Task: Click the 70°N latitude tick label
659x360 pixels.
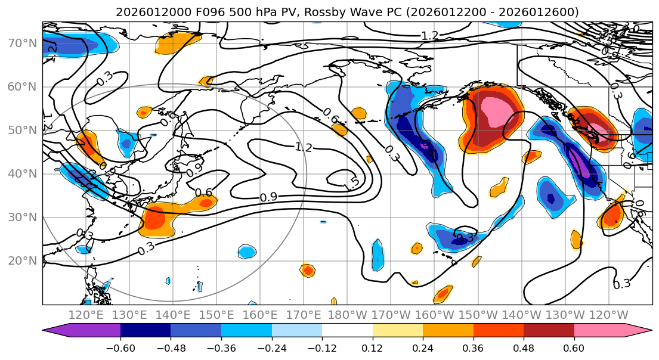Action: (21, 43)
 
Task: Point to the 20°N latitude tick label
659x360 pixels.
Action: (21, 260)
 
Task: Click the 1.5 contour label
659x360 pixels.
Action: (351, 185)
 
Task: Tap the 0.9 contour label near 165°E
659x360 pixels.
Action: (268, 197)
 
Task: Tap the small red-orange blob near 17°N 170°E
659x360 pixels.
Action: (308, 271)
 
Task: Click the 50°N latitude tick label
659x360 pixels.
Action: (21, 130)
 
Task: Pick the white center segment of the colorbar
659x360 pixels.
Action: (347, 332)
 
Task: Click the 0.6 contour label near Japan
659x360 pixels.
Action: (204, 192)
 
